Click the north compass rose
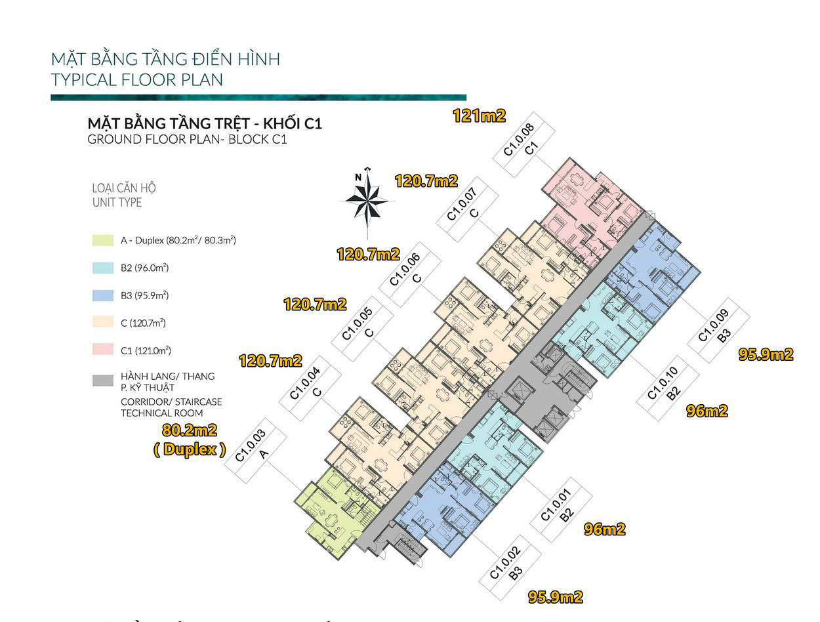(x=367, y=201)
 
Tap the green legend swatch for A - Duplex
(x=103, y=240)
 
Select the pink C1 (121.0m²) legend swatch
(x=103, y=349)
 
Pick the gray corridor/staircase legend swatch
(x=103, y=381)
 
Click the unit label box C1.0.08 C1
(x=523, y=144)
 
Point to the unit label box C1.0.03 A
(x=256, y=450)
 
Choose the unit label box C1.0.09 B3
(x=718, y=330)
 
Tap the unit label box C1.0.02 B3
(x=510, y=568)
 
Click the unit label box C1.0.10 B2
(x=668, y=388)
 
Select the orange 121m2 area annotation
(x=480, y=116)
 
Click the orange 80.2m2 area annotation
(x=190, y=430)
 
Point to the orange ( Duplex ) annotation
(x=190, y=449)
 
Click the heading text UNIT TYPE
(x=117, y=203)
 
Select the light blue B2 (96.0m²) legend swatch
(x=103, y=268)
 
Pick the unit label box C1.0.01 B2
(x=561, y=510)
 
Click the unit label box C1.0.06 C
(x=410, y=274)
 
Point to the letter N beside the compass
(x=358, y=177)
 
